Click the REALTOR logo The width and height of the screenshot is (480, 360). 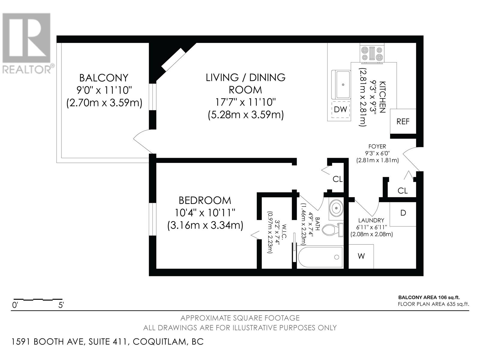click(27, 43)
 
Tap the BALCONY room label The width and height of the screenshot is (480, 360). click(104, 78)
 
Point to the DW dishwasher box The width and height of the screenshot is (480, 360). click(340, 109)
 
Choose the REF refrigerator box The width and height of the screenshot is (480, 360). click(403, 121)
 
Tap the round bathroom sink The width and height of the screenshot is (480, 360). click(336, 208)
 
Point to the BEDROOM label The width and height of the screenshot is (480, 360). click(205, 200)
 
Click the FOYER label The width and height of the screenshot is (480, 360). click(377, 146)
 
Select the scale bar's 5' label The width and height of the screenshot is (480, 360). click(61, 305)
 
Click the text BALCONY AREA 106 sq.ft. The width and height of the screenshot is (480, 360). click(429, 297)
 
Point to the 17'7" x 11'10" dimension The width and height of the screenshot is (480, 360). click(245, 102)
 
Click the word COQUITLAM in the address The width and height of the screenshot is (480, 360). click(159, 342)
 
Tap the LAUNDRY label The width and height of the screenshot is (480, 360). click(371, 220)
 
